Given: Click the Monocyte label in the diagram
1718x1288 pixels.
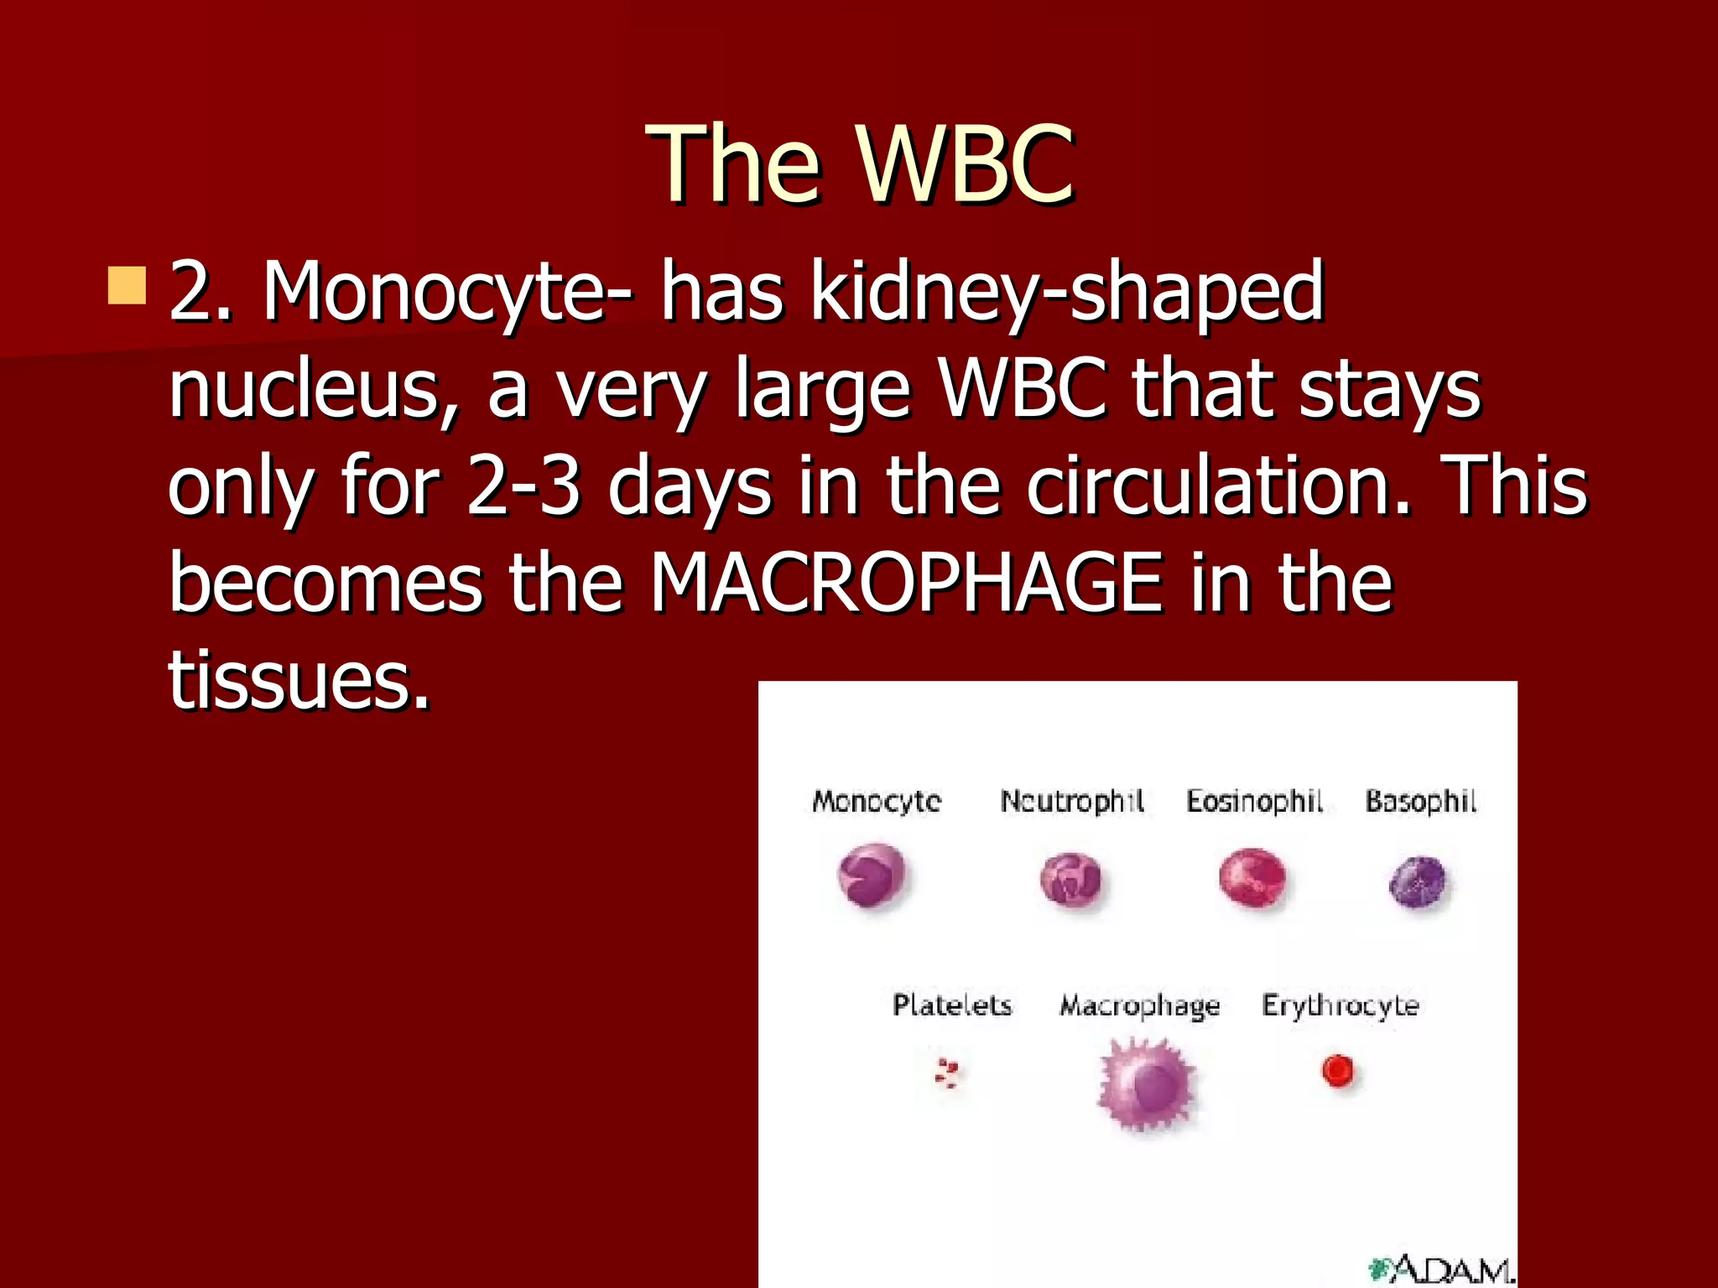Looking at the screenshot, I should point(877,801).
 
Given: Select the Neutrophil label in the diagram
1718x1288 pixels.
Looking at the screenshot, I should point(1072,801).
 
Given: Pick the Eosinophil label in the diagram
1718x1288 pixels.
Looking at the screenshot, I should point(1254,801).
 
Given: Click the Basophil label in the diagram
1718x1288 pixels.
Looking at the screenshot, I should point(1420,801).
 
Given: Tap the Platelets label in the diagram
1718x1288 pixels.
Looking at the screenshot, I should point(952,1005).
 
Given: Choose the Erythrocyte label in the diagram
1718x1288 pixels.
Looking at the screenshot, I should point(1340,1005).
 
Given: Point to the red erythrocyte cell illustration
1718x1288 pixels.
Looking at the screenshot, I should point(1337,1071).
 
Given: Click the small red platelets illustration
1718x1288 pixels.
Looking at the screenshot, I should point(947,1072).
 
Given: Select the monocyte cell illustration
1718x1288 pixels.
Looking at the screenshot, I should point(872,876).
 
